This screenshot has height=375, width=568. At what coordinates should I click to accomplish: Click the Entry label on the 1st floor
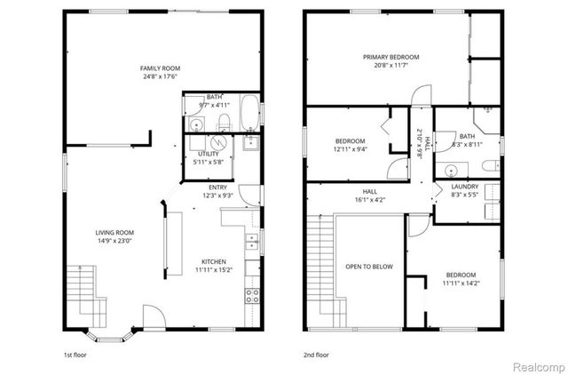[x=217, y=187]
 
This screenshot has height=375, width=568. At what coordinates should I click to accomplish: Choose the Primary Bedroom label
[x=390, y=57]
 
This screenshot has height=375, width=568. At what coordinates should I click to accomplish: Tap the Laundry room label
[x=465, y=187]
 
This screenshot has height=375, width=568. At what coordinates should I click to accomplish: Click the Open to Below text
[x=370, y=266]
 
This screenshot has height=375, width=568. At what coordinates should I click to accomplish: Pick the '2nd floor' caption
[x=315, y=354]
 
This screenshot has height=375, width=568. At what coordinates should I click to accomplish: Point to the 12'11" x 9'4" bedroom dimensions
[x=349, y=149]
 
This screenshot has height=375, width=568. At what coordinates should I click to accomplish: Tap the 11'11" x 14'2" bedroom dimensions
[x=461, y=283]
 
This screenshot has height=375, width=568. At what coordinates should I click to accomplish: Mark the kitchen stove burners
[x=251, y=292]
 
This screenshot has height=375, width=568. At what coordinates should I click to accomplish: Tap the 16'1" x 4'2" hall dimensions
[x=369, y=199]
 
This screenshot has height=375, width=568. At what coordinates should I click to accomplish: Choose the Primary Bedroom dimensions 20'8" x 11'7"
[x=390, y=66]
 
